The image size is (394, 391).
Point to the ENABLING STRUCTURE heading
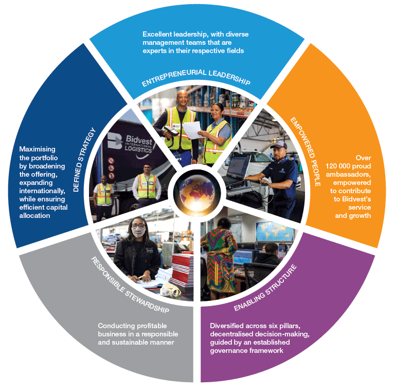coord(265,287)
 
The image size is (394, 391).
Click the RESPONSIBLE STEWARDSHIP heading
coord(130,285)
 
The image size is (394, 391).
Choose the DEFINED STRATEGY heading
coord(84,160)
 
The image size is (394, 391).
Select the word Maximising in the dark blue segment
coord(37,149)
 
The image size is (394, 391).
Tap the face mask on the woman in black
coord(138,232)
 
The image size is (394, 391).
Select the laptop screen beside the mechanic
coord(238,166)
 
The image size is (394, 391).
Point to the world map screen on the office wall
coord(274,231)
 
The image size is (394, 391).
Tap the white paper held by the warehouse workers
coord(192,130)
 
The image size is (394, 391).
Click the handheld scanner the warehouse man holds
coord(170,130)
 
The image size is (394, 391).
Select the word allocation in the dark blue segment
coord(34,216)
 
